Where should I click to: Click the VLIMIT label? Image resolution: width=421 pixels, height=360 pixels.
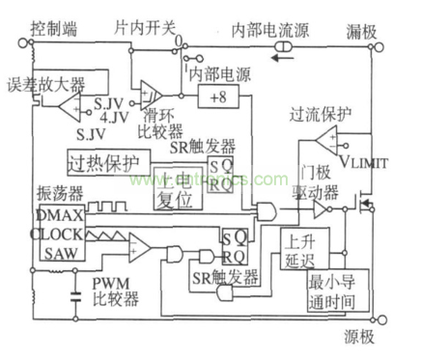click(363, 163)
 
